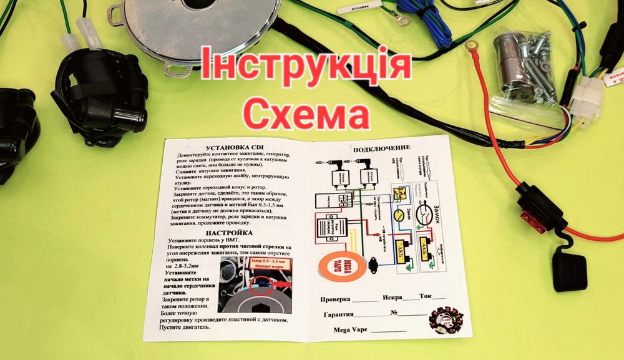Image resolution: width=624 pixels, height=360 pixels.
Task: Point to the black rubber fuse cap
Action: (569, 269)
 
